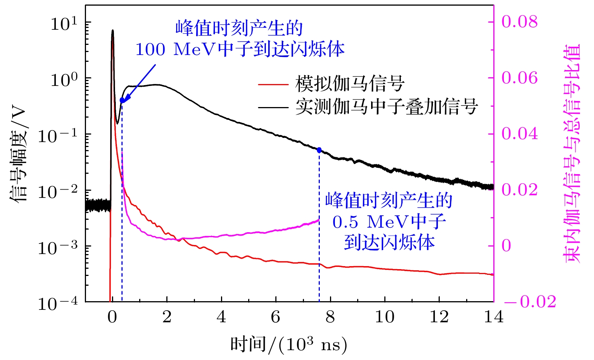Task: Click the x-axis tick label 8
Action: (330, 317)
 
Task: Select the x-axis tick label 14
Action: (493, 317)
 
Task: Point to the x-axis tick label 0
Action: (112, 317)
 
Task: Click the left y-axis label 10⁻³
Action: (57, 248)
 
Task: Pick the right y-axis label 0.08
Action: (519, 22)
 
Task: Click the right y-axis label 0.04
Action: (519, 134)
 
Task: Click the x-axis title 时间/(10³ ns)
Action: (289, 344)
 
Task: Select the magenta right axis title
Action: (571, 153)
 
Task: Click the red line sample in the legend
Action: (273, 84)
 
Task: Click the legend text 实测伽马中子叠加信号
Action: (387, 107)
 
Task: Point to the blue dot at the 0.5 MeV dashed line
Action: (319, 150)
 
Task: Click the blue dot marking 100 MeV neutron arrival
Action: (122, 100)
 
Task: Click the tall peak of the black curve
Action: (112, 31)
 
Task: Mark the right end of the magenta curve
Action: (319, 220)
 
